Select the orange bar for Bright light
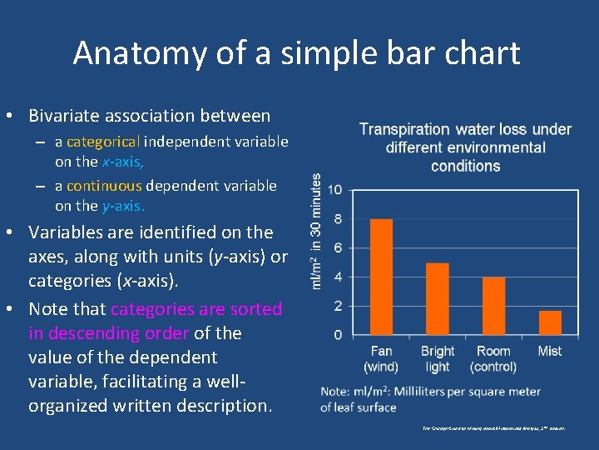(437, 298)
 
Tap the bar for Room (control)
(493, 306)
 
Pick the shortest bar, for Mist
(550, 322)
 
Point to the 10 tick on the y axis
(334, 190)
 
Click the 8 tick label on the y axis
(337, 219)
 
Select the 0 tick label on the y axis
(337, 335)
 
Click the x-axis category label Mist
(550, 351)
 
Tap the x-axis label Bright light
(438, 359)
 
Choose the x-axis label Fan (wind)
(381, 359)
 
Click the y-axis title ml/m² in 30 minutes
(316, 231)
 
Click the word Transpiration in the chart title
(404, 129)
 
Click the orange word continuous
(104, 186)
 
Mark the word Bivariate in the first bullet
(68, 116)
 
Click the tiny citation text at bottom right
(493, 427)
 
